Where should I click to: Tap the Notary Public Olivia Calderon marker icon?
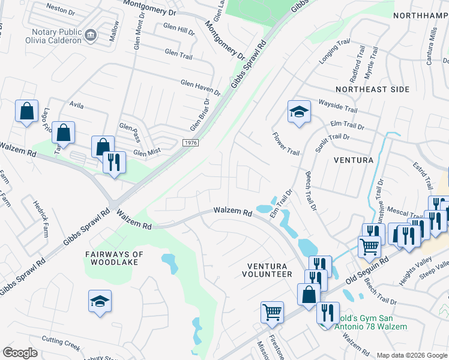coord(91,35)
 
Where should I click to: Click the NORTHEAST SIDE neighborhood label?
coord(372,89)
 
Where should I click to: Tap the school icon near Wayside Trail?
coord(298,112)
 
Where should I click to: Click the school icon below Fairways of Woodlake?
coord(100,301)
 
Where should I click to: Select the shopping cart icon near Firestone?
coord(272,312)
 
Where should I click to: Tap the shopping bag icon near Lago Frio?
coord(27,111)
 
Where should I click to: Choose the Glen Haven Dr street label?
coord(200,88)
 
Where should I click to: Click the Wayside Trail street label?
coord(337,106)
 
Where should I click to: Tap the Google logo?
coord(20,353)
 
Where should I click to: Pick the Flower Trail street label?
coord(285,144)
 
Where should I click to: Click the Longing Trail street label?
coord(334,52)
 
